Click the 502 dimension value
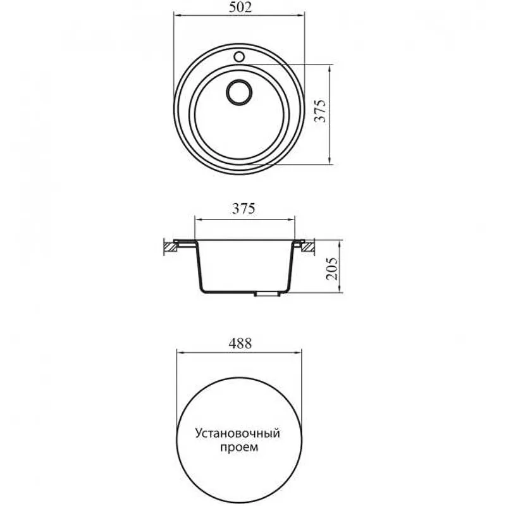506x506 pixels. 240,7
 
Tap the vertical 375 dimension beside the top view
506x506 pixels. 321,111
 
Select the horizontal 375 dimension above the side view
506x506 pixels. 244,209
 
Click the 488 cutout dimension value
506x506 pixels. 240,343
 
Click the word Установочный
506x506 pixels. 237,433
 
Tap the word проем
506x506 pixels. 240,448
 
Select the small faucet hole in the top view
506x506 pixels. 239,57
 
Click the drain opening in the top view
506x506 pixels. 239,92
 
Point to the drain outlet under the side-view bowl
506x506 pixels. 266,294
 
